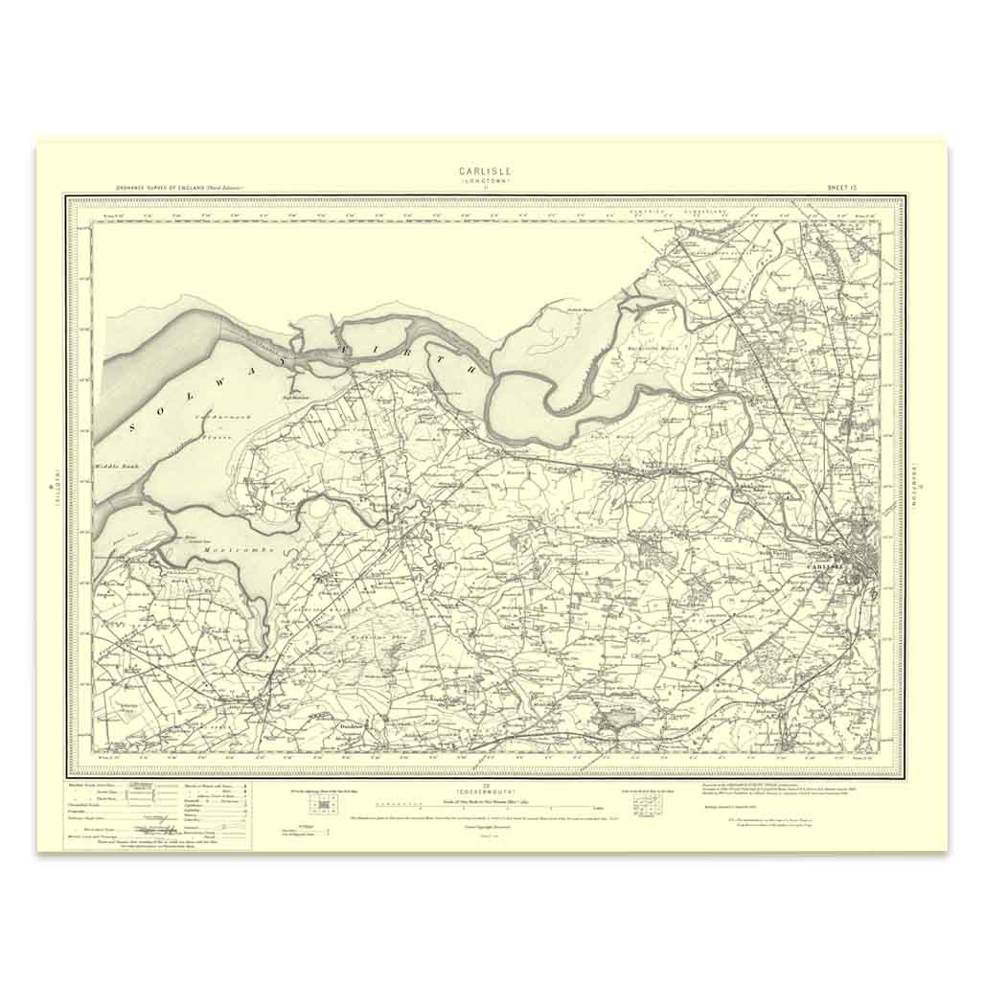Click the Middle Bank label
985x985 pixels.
(114, 467)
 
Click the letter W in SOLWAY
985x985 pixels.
(209, 396)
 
